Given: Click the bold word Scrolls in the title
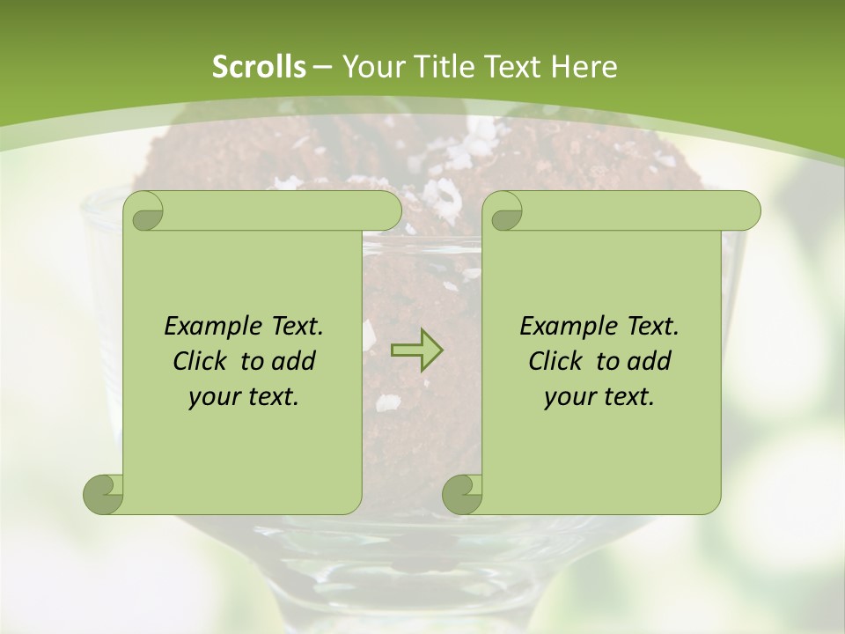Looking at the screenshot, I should tap(259, 67).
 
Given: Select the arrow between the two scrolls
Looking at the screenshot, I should tap(416, 350).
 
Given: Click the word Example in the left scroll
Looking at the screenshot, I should tap(208, 326).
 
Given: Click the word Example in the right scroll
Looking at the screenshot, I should tap(563, 326).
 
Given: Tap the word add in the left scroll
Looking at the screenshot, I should tap(293, 361).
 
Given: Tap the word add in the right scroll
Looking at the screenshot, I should tap(649, 361).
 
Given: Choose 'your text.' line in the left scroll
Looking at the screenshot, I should tap(244, 396).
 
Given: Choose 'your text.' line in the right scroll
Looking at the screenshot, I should tap(599, 396).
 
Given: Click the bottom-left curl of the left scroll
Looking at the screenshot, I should tap(104, 494).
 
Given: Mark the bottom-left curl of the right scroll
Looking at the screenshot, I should tap(462, 494).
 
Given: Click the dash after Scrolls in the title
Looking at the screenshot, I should tap(322, 67).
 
